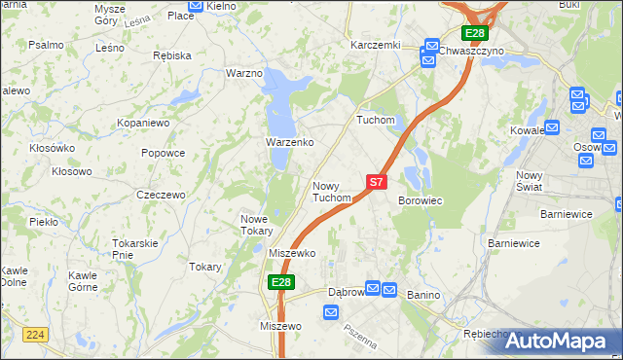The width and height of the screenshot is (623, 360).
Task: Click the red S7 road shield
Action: [377, 181]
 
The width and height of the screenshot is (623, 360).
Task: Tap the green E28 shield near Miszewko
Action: [280, 282]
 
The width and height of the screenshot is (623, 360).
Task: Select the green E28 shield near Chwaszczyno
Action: [473, 33]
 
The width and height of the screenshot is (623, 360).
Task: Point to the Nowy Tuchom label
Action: [331, 191]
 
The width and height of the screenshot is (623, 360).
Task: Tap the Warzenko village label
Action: [289, 142]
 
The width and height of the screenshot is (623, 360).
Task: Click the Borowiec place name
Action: [421, 200]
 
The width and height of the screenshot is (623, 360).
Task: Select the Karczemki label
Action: [376, 45]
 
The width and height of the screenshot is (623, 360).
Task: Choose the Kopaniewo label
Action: [144, 125]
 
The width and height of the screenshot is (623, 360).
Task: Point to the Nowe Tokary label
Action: [261, 225]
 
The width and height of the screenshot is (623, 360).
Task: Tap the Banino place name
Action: [423, 294]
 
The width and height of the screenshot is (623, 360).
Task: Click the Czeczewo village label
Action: [161, 195]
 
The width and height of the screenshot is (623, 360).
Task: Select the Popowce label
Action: [163, 153]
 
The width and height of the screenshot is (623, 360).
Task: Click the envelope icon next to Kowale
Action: [553, 126]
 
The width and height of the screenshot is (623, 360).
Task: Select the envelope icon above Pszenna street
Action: [330, 312]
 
